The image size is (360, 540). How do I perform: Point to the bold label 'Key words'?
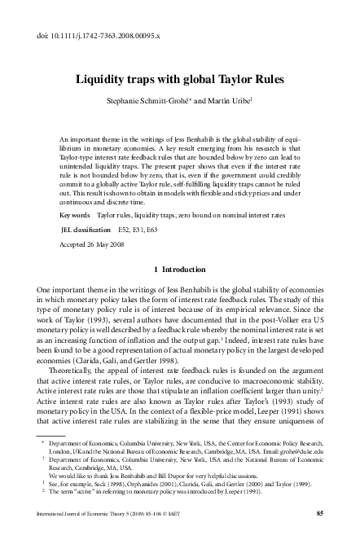click(77, 216)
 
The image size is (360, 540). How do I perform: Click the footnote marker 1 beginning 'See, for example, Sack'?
click(42, 484)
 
